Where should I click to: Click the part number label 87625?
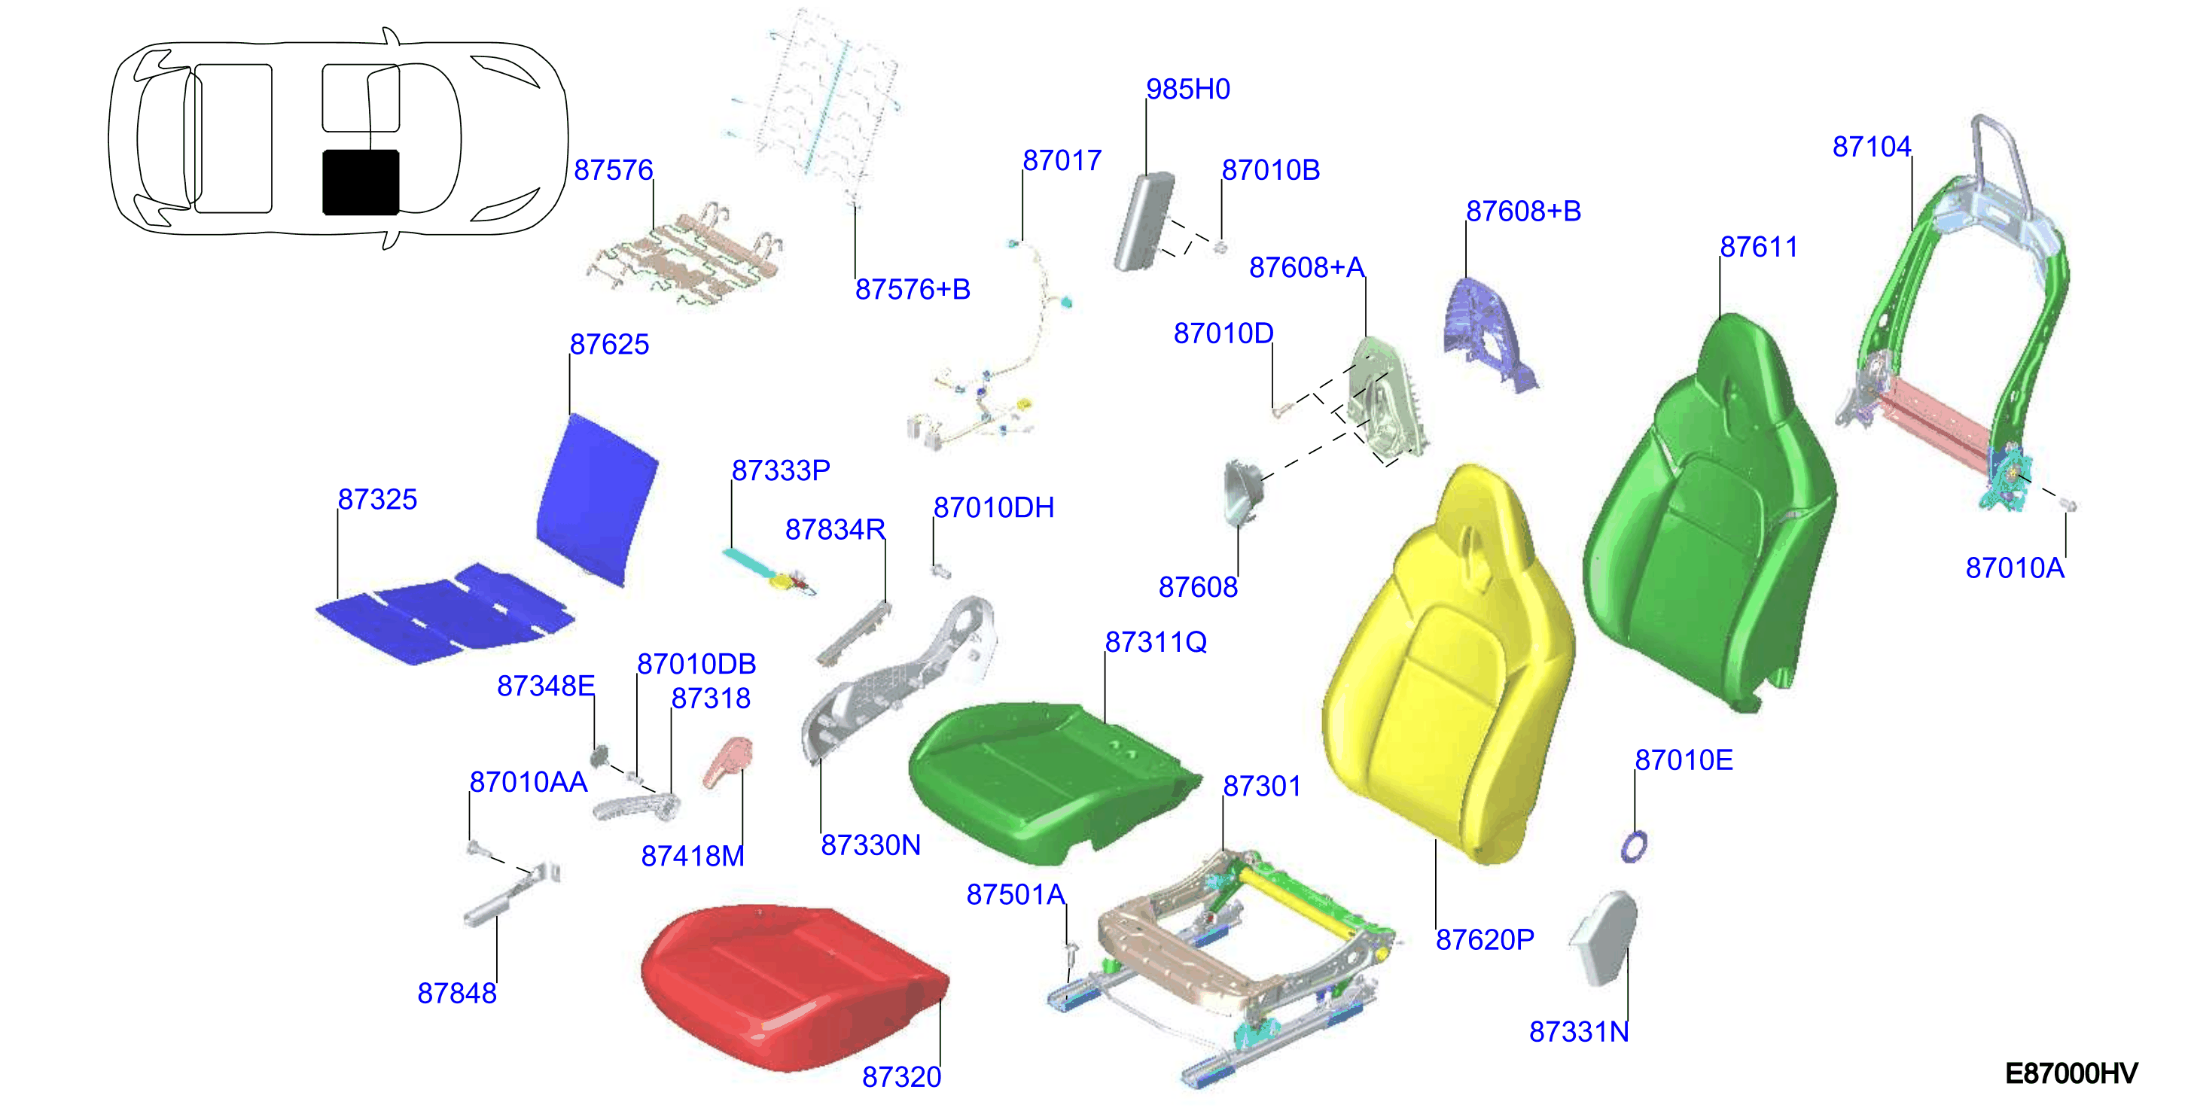(x=609, y=344)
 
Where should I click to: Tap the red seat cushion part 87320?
(x=794, y=985)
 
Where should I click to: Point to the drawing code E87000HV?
(x=2071, y=1073)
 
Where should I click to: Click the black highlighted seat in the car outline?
(x=361, y=182)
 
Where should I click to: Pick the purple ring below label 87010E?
(x=1633, y=847)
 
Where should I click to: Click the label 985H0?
(x=1187, y=89)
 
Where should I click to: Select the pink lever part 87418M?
(x=728, y=762)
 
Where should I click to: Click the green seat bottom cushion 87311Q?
(x=1049, y=780)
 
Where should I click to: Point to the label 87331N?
(x=1579, y=1032)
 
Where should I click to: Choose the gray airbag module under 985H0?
(x=1144, y=221)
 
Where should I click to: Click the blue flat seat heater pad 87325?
(x=444, y=613)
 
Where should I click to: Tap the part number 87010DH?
(x=994, y=508)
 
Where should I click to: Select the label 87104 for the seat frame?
(x=1871, y=147)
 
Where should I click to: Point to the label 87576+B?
(x=913, y=290)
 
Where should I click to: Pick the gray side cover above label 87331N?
(x=1604, y=937)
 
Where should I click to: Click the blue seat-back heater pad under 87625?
(x=598, y=500)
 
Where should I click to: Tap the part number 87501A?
(x=1016, y=894)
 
